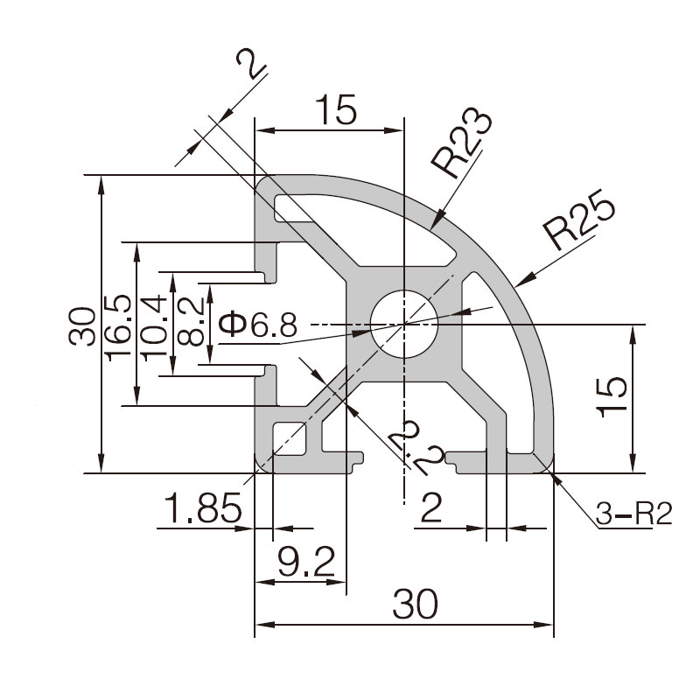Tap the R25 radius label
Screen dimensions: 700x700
tap(578, 220)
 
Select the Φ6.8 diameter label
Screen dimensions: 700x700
tap(257, 325)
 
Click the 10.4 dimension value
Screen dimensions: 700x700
tap(155, 325)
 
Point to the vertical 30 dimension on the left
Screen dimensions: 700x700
tap(82, 325)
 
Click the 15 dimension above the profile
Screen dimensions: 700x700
tap(336, 111)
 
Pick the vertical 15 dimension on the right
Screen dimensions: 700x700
tap(614, 399)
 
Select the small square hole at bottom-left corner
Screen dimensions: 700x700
tap(288, 437)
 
